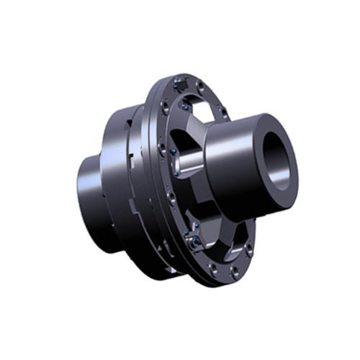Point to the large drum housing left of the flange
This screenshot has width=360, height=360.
[122, 173]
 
